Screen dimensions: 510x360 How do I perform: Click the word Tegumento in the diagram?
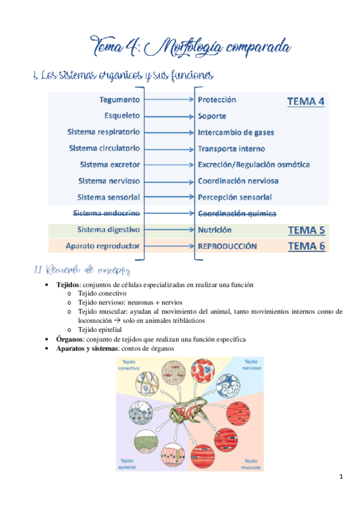[x=121, y=100]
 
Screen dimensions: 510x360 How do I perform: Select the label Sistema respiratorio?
[x=105, y=132]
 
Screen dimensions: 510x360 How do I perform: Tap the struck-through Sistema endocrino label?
[x=106, y=213]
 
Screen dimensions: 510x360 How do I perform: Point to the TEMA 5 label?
[x=307, y=230]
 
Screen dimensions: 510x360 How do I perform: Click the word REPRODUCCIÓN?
[x=227, y=246]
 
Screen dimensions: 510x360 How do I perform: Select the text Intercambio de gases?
[x=231, y=132]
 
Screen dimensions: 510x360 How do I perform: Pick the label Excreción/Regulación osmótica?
[x=254, y=164]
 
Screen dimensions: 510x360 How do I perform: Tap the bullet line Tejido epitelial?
[x=99, y=330]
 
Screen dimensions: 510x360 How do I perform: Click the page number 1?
[x=341, y=478]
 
